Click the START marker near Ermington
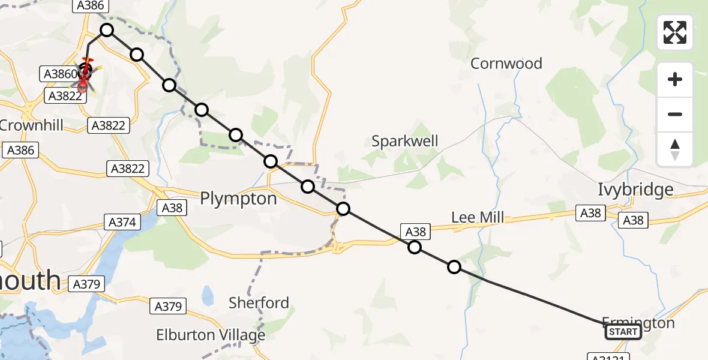(623, 332)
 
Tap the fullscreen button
(675, 32)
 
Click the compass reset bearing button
(675, 149)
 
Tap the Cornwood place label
(506, 63)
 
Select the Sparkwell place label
(405, 141)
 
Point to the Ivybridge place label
(635, 190)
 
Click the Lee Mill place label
(478, 217)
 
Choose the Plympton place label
(238, 198)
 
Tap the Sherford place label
(259, 302)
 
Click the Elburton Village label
(211, 334)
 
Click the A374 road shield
(122, 222)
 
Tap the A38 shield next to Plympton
(172, 208)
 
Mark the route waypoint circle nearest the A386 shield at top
(106, 30)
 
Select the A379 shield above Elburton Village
(167, 307)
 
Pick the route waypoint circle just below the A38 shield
(415, 247)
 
